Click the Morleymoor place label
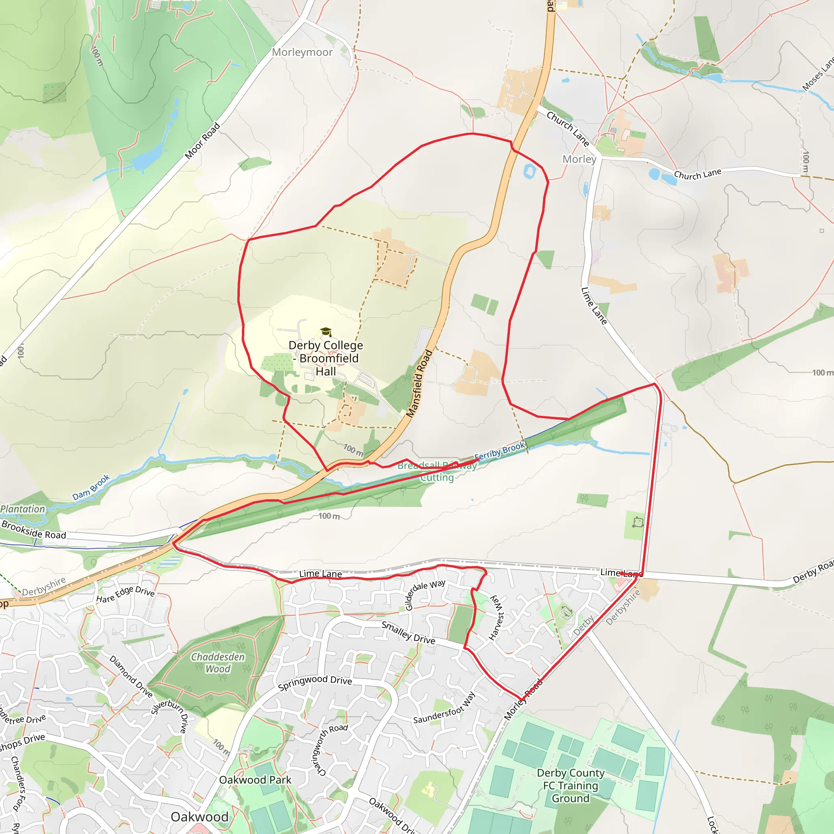tap(302, 52)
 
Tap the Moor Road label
tap(202, 141)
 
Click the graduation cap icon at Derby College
tap(325, 331)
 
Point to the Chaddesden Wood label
tap(217, 663)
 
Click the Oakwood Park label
tap(255, 780)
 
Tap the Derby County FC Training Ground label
tap(570, 786)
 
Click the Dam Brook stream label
tap(91, 488)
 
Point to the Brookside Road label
tap(34, 530)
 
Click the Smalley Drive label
tap(408, 633)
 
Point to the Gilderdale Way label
tap(425, 594)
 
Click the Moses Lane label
tap(818, 75)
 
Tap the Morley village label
tap(579, 159)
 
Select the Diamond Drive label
tap(131, 676)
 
